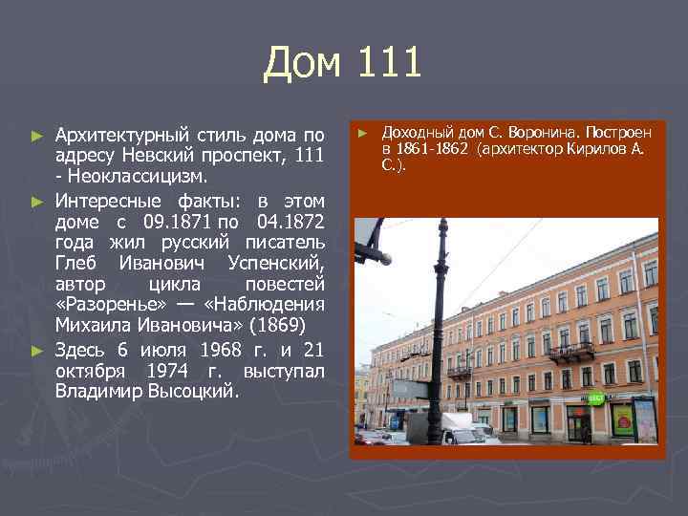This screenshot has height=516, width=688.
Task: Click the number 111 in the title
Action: point(391,64)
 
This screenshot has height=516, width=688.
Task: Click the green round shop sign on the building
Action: point(594,398)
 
